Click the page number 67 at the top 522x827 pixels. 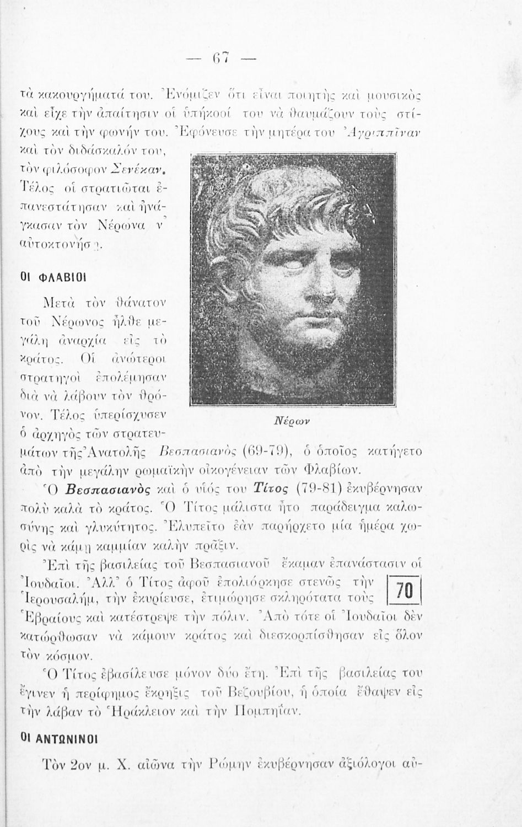point(222,58)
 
